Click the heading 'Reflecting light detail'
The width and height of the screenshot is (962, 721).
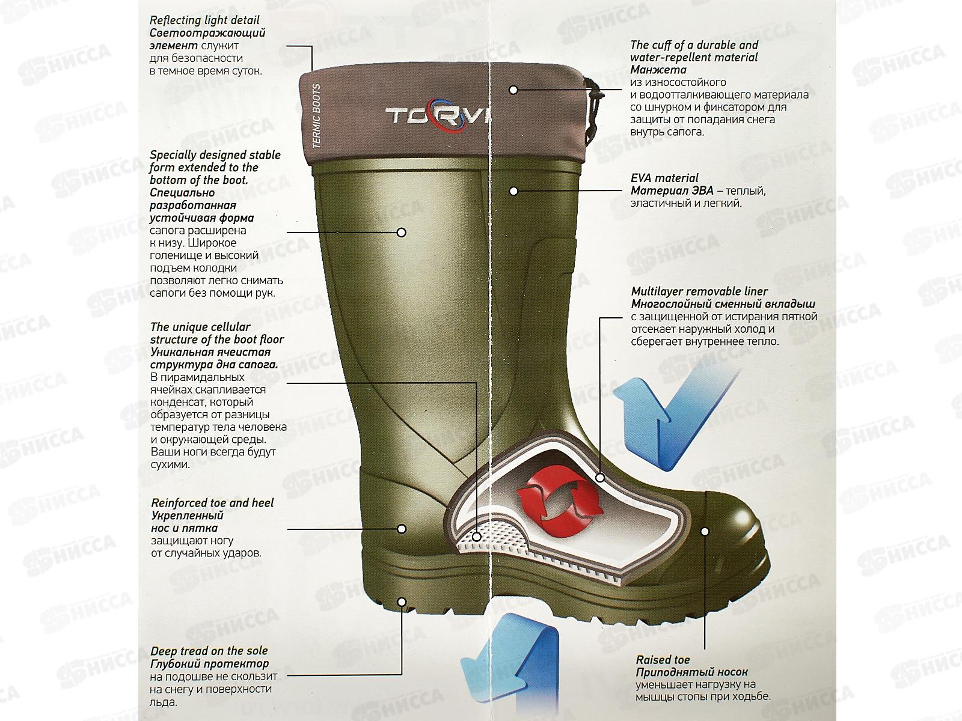(x=196, y=20)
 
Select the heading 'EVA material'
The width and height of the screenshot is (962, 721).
(x=664, y=178)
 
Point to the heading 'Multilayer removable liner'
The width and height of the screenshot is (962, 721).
(x=699, y=291)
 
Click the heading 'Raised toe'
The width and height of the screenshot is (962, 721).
(x=663, y=660)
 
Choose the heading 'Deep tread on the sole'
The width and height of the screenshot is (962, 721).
(x=209, y=651)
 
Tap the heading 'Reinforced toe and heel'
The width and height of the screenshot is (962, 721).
(x=212, y=503)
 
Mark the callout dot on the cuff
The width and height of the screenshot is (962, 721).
(x=513, y=90)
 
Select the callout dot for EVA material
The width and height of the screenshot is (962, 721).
(x=513, y=191)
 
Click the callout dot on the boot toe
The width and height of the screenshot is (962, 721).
(x=705, y=532)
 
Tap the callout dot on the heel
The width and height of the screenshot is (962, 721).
(x=402, y=529)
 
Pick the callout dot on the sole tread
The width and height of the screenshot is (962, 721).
(x=402, y=601)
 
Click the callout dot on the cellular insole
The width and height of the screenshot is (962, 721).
(x=476, y=537)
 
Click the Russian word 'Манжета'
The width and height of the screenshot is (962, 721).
(x=657, y=70)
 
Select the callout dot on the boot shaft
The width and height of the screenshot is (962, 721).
(x=402, y=232)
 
